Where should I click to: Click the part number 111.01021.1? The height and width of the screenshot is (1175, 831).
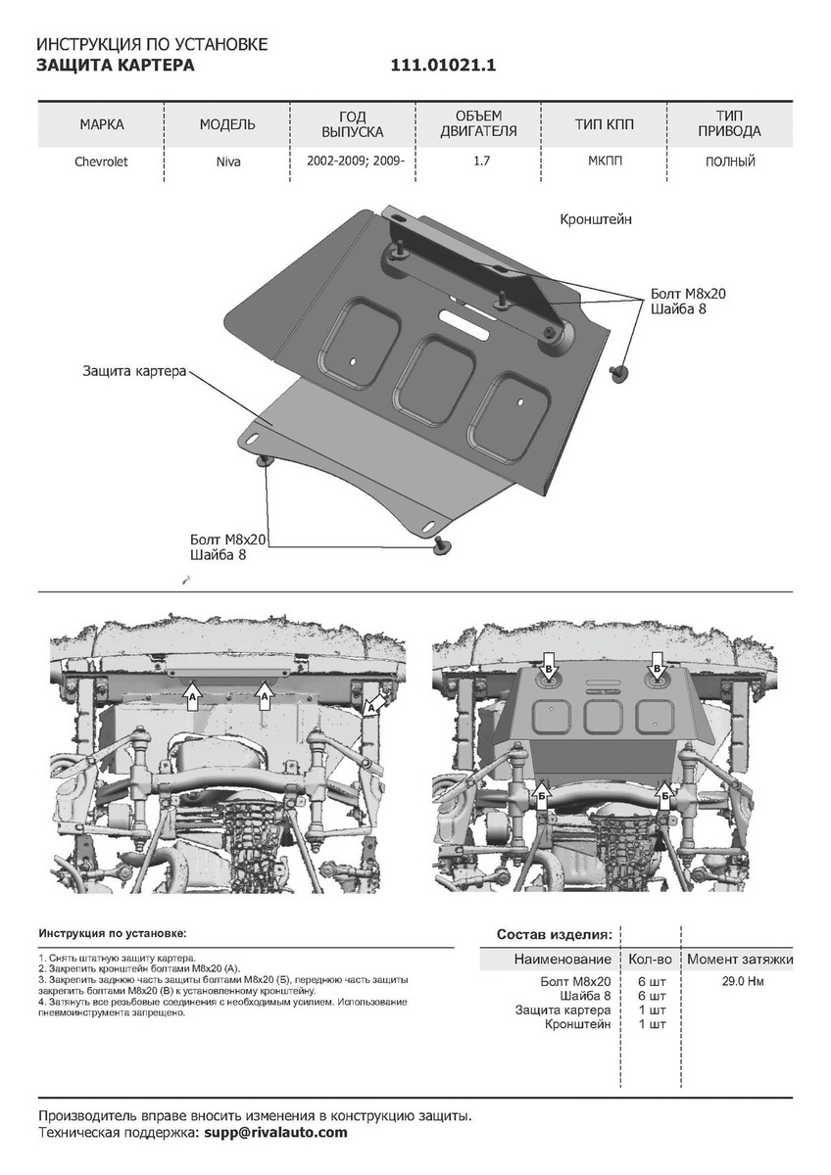(x=445, y=66)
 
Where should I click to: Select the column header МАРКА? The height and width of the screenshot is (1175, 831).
(x=102, y=124)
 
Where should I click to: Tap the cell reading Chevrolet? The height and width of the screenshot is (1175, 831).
(x=102, y=162)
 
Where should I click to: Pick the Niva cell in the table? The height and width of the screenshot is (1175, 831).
(x=227, y=162)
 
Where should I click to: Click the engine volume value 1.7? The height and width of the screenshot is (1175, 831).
(x=480, y=162)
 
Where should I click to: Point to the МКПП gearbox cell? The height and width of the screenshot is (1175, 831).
(x=605, y=162)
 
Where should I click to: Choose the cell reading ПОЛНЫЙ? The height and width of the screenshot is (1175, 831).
(x=730, y=162)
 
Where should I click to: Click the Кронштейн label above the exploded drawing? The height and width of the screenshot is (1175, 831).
(x=596, y=220)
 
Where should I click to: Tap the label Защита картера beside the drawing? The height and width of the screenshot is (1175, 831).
(x=135, y=372)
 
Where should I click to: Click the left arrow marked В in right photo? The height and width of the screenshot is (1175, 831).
(x=550, y=667)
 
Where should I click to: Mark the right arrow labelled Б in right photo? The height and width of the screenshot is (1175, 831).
(x=665, y=797)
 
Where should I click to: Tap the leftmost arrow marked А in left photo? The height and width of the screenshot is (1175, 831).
(x=193, y=694)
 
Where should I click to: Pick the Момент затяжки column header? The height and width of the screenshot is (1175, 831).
(x=739, y=960)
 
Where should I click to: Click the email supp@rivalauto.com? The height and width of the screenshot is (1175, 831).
(x=275, y=1133)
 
